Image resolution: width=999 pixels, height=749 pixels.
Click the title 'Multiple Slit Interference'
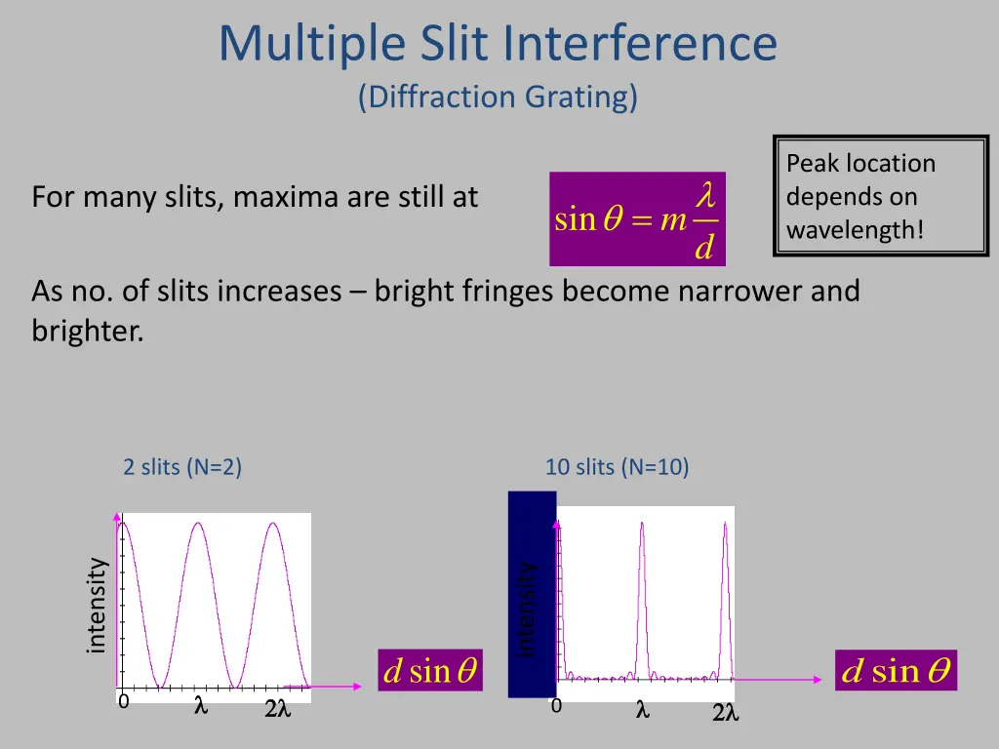[499, 44]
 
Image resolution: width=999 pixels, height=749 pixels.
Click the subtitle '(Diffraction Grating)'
[499, 97]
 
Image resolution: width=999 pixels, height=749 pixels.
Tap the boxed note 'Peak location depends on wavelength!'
[880, 196]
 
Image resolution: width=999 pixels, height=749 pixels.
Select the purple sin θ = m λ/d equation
[637, 219]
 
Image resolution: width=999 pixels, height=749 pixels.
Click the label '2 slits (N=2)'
[182, 467]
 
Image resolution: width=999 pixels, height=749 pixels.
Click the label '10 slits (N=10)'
[617, 467]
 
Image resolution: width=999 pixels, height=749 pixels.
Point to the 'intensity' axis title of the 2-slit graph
[96, 605]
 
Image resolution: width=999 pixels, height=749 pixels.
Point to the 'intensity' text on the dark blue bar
[528, 610]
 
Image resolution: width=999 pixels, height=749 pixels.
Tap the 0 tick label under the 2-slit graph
[123, 702]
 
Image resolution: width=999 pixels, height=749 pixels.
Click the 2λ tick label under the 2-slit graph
[277, 710]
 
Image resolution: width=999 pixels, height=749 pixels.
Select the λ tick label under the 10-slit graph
[642, 711]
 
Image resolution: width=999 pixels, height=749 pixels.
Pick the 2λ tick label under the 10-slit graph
[725, 715]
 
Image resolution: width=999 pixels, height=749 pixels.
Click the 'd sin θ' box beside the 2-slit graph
[430, 671]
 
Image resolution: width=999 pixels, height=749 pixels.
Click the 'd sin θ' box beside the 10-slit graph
[896, 671]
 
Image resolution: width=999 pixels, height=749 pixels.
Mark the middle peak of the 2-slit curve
[198, 524]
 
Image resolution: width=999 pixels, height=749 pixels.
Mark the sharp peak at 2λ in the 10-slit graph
[725, 525]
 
